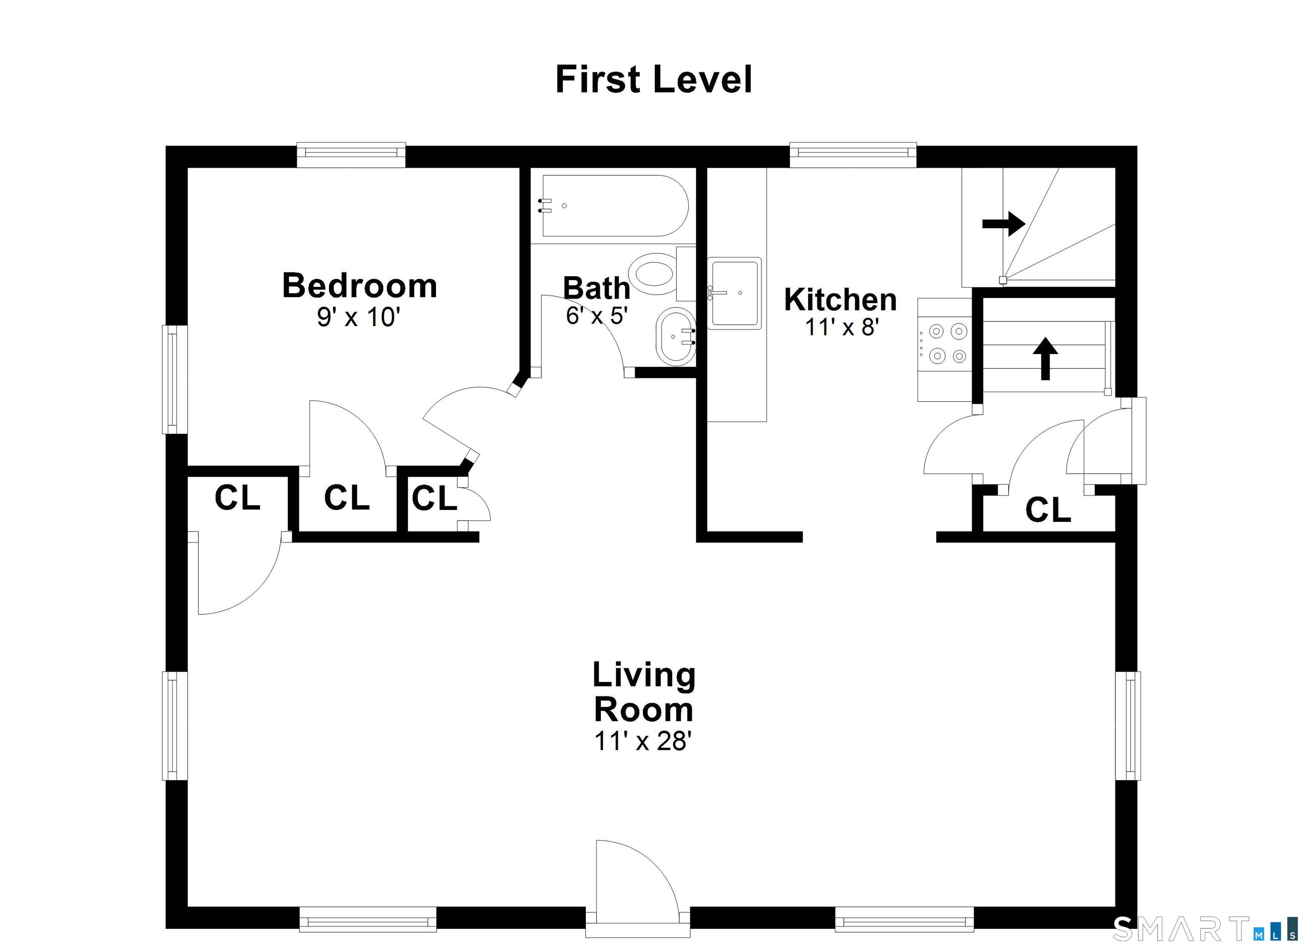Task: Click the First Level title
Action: (x=654, y=80)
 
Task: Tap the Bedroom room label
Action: (x=359, y=286)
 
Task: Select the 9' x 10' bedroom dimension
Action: (x=358, y=317)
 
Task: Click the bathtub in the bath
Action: (x=615, y=206)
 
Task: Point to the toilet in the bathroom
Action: (x=662, y=273)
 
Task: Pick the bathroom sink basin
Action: (x=675, y=336)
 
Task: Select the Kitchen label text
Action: (x=840, y=300)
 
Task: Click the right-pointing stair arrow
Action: (x=1004, y=223)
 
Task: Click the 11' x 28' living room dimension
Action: (x=643, y=741)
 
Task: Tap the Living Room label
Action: (x=644, y=692)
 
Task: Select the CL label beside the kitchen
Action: (x=1048, y=510)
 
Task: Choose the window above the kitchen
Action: (x=853, y=154)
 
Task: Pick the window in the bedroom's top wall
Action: (x=351, y=154)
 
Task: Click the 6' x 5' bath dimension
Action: (x=597, y=315)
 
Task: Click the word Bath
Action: (x=597, y=288)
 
